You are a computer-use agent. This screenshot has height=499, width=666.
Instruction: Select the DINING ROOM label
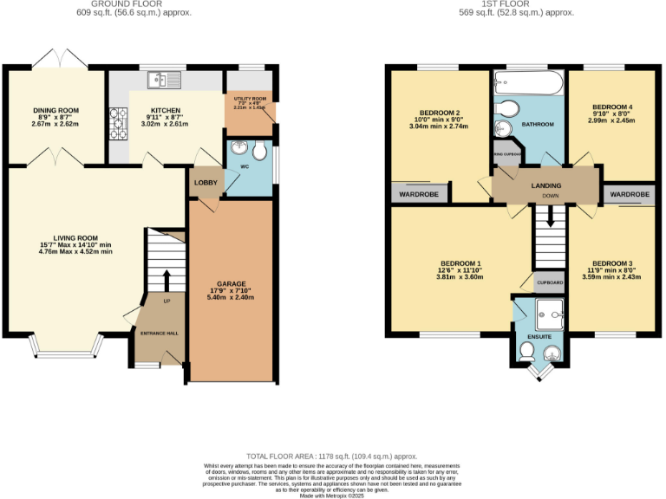56,111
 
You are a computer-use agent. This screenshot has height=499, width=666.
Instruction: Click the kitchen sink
163,80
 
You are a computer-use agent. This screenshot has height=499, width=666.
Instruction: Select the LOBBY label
206,183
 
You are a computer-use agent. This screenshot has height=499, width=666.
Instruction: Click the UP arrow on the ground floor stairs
166,279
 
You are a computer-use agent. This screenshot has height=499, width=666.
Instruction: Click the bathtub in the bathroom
527,86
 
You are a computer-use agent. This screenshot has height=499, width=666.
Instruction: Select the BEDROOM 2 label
439,113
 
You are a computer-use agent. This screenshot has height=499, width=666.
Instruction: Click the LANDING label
546,185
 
